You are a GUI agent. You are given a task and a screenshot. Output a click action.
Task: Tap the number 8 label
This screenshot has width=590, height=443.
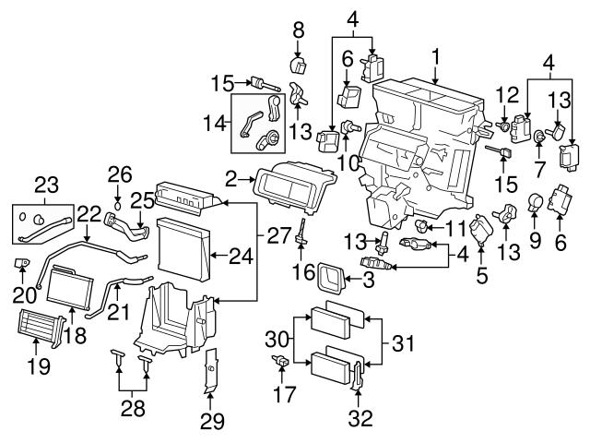(x=298, y=30)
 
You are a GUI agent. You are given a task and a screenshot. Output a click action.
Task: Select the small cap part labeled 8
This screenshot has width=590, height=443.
(x=299, y=64)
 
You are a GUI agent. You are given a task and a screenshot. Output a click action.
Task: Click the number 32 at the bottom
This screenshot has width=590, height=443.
(x=360, y=418)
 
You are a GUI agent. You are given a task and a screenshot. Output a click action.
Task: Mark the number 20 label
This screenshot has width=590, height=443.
(x=18, y=294)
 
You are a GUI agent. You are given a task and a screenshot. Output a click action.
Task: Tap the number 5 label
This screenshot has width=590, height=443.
(x=481, y=274)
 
